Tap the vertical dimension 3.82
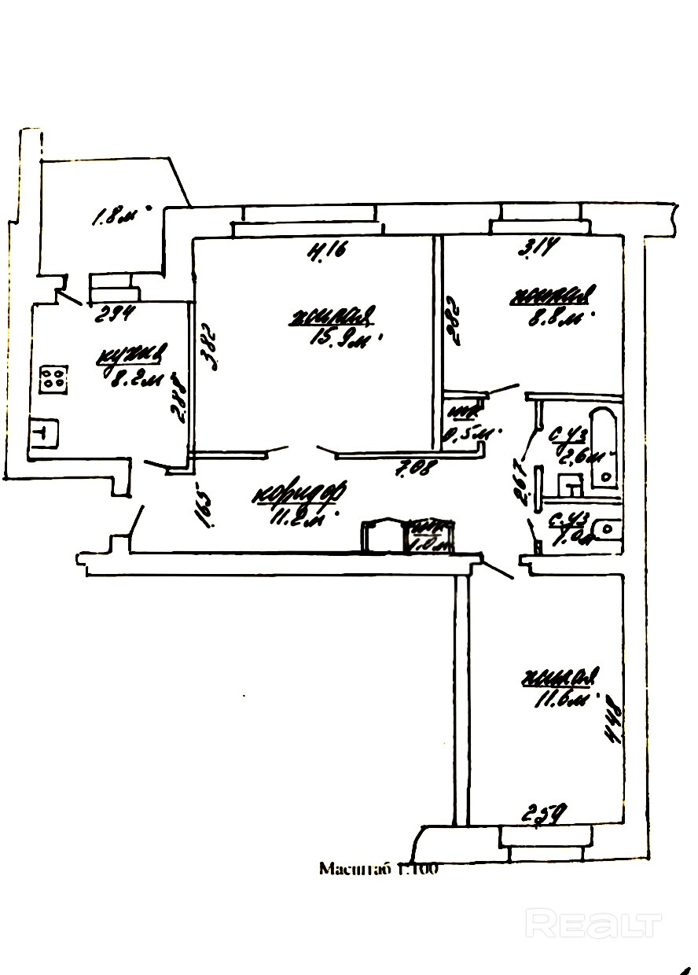(207, 345)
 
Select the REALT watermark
(593, 923)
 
